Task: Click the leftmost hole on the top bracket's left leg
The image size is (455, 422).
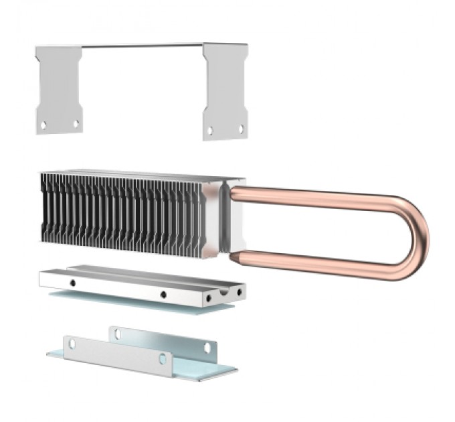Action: (x=43, y=125)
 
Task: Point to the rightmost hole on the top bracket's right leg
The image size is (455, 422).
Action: (x=241, y=129)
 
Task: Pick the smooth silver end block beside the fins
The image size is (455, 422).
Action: (x=213, y=218)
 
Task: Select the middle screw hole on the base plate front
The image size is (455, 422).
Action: (x=163, y=293)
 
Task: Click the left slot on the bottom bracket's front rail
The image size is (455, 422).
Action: (x=72, y=344)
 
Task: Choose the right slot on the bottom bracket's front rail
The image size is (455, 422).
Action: (x=162, y=359)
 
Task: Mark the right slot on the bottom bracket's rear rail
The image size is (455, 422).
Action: (x=206, y=348)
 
